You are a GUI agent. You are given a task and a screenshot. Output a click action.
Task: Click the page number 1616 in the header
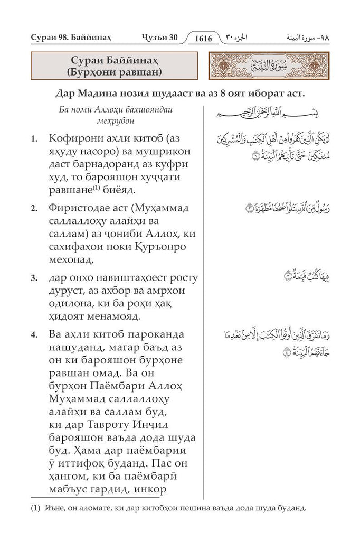pyautogui.click(x=203, y=38)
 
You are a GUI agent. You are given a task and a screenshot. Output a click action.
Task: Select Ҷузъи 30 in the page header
pyautogui.click(x=161, y=38)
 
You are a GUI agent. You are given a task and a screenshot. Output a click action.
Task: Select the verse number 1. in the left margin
pyautogui.click(x=34, y=139)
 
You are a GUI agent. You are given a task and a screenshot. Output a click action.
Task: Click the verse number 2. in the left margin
pyautogui.click(x=34, y=209)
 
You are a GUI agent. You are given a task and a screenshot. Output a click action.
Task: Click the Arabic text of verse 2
pyautogui.click(x=277, y=208)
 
